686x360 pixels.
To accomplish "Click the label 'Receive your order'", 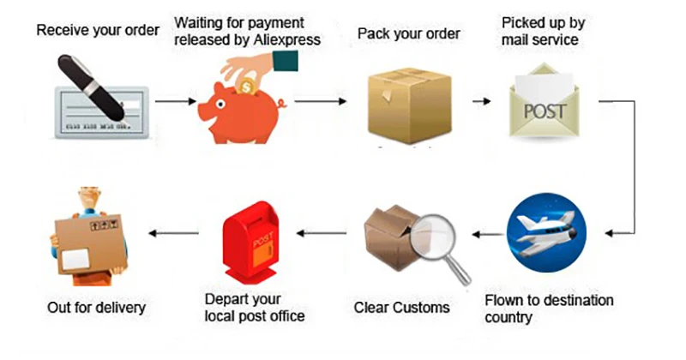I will [x=97, y=32].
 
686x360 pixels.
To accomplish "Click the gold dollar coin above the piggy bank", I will [x=249, y=85].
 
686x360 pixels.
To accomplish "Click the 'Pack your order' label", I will [x=409, y=34].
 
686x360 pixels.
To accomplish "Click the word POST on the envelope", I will [x=545, y=111].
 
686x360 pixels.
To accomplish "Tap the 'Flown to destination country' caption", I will [x=549, y=309].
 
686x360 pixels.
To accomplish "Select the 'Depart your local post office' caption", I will [x=255, y=308].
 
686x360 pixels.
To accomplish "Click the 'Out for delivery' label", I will [x=97, y=307].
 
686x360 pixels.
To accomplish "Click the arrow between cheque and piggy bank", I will [x=177, y=101].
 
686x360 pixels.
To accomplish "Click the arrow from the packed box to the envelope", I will [x=481, y=101].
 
